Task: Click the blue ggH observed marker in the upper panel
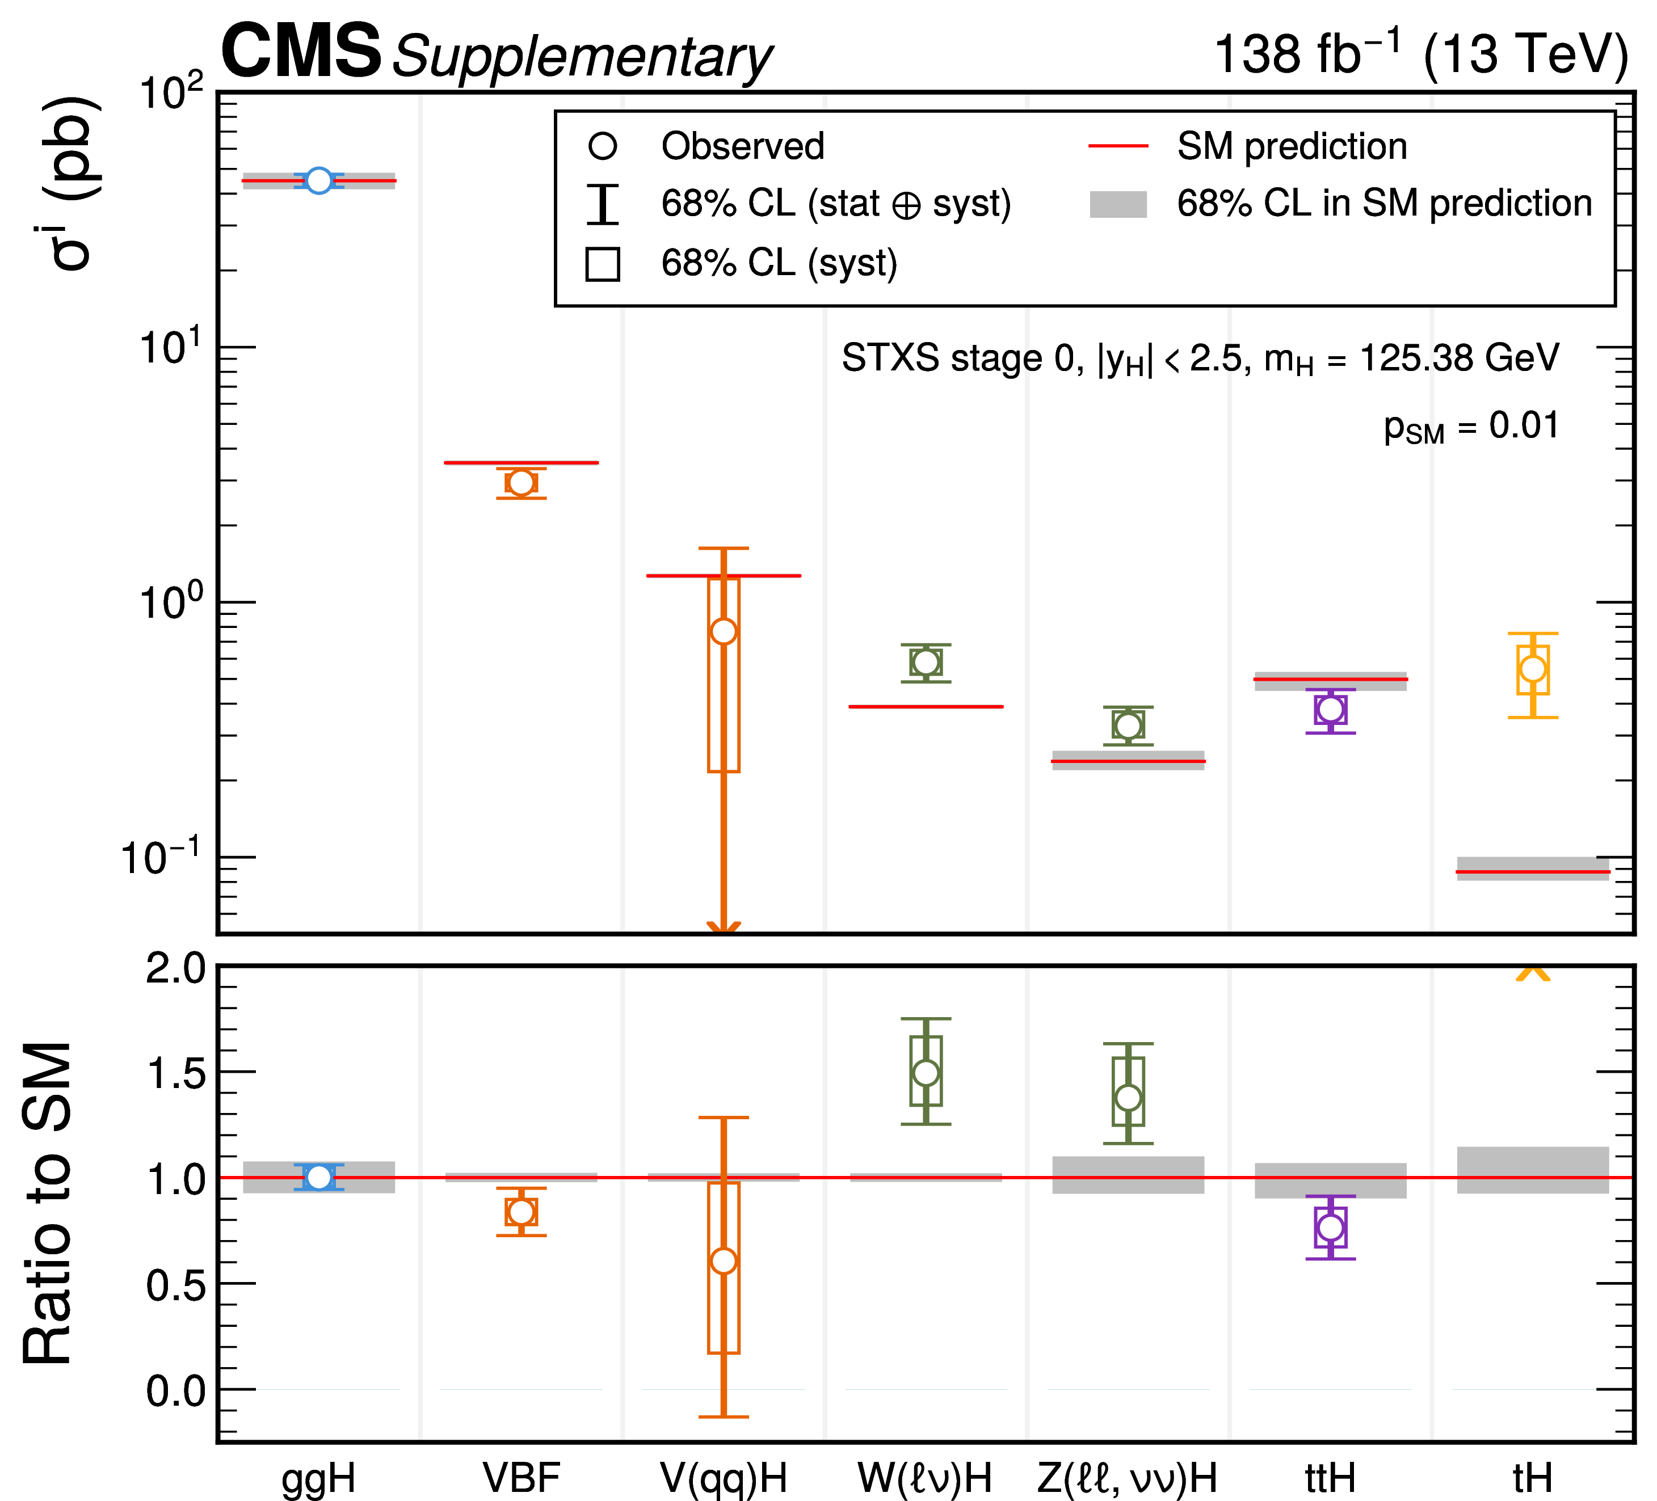tap(318, 180)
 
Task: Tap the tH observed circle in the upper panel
tap(1533, 669)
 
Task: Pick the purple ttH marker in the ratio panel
tap(1330, 1228)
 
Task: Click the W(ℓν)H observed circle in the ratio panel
tap(926, 1073)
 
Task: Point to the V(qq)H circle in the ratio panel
tap(724, 1261)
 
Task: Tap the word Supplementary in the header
tap(582, 57)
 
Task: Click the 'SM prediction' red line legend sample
tap(1118, 146)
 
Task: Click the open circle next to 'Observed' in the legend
tap(603, 146)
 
